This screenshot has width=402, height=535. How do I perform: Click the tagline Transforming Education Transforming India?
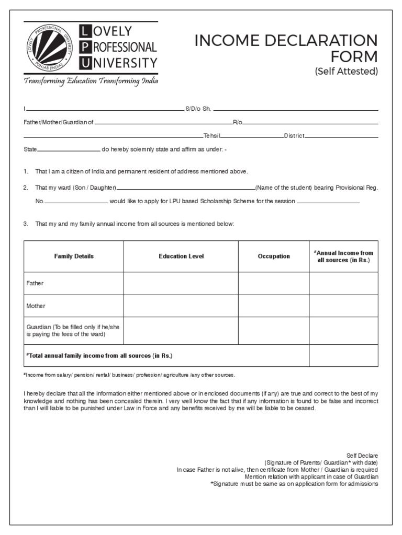[x=90, y=82]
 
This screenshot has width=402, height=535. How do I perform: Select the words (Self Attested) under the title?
[x=346, y=72]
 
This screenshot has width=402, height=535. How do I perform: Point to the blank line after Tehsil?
[x=252, y=137]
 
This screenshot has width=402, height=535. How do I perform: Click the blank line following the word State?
[x=69, y=151]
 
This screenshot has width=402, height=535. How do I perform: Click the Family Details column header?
[x=74, y=256]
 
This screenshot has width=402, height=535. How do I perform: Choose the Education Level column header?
[x=181, y=256]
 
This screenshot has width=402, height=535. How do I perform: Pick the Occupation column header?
[x=274, y=256]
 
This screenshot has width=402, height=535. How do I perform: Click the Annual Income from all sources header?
[x=343, y=256]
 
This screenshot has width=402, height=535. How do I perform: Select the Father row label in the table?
[x=35, y=283]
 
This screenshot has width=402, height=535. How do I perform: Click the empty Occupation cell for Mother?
[x=274, y=306]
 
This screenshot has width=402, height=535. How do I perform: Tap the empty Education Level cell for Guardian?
[x=181, y=331]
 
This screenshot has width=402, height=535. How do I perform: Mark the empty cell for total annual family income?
[x=343, y=356]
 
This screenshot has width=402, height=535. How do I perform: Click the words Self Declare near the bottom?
[x=362, y=456]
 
